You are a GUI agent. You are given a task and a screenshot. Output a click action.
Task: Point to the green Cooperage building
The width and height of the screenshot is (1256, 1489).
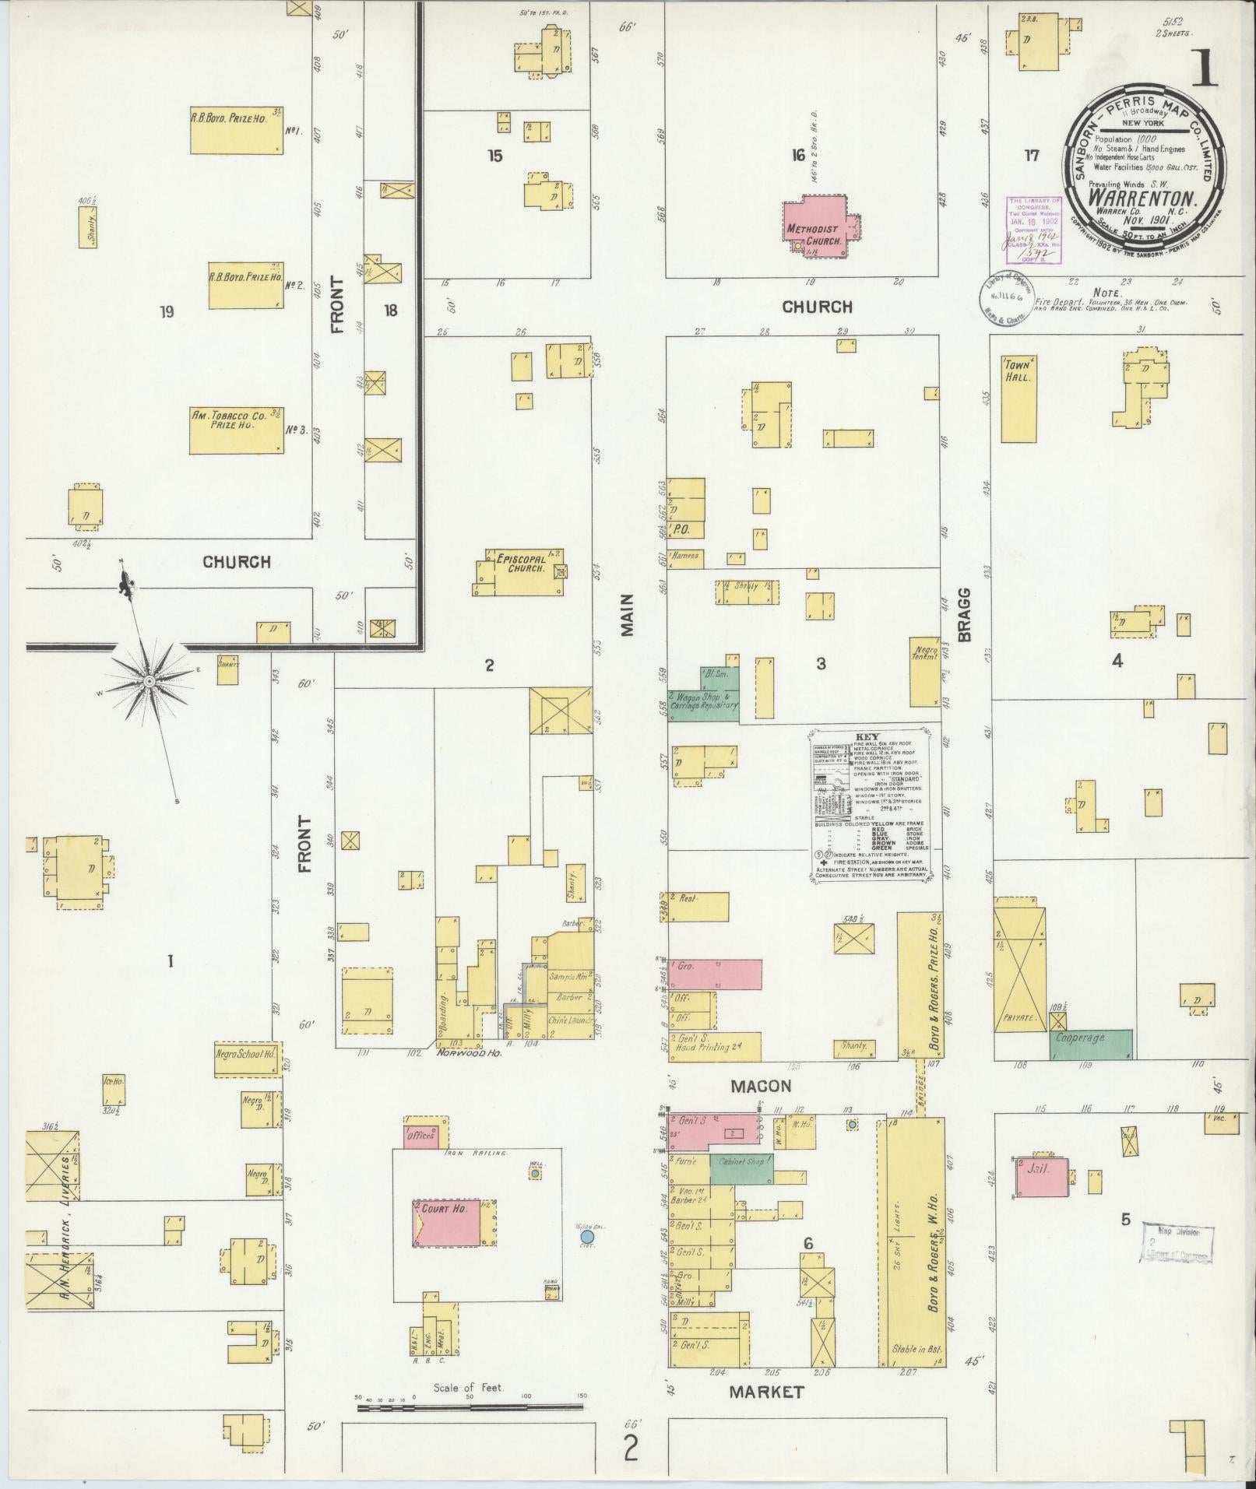tap(1091, 1045)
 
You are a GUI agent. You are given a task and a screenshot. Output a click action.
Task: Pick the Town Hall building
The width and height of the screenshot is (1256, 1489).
tap(1019, 399)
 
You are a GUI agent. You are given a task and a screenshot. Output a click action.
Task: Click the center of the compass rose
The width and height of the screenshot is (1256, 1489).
tap(148, 682)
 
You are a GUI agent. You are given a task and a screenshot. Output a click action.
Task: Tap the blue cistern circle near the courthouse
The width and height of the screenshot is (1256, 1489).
tap(587, 1236)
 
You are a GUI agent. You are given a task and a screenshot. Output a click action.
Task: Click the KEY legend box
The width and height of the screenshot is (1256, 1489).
tap(868, 804)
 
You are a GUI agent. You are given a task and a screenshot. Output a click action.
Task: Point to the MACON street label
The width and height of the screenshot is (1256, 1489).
tap(760, 1087)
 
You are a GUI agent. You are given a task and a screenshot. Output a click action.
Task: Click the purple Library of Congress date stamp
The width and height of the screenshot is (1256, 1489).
tap(1034, 230)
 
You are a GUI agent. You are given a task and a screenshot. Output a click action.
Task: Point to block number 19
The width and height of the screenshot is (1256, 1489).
tap(166, 312)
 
